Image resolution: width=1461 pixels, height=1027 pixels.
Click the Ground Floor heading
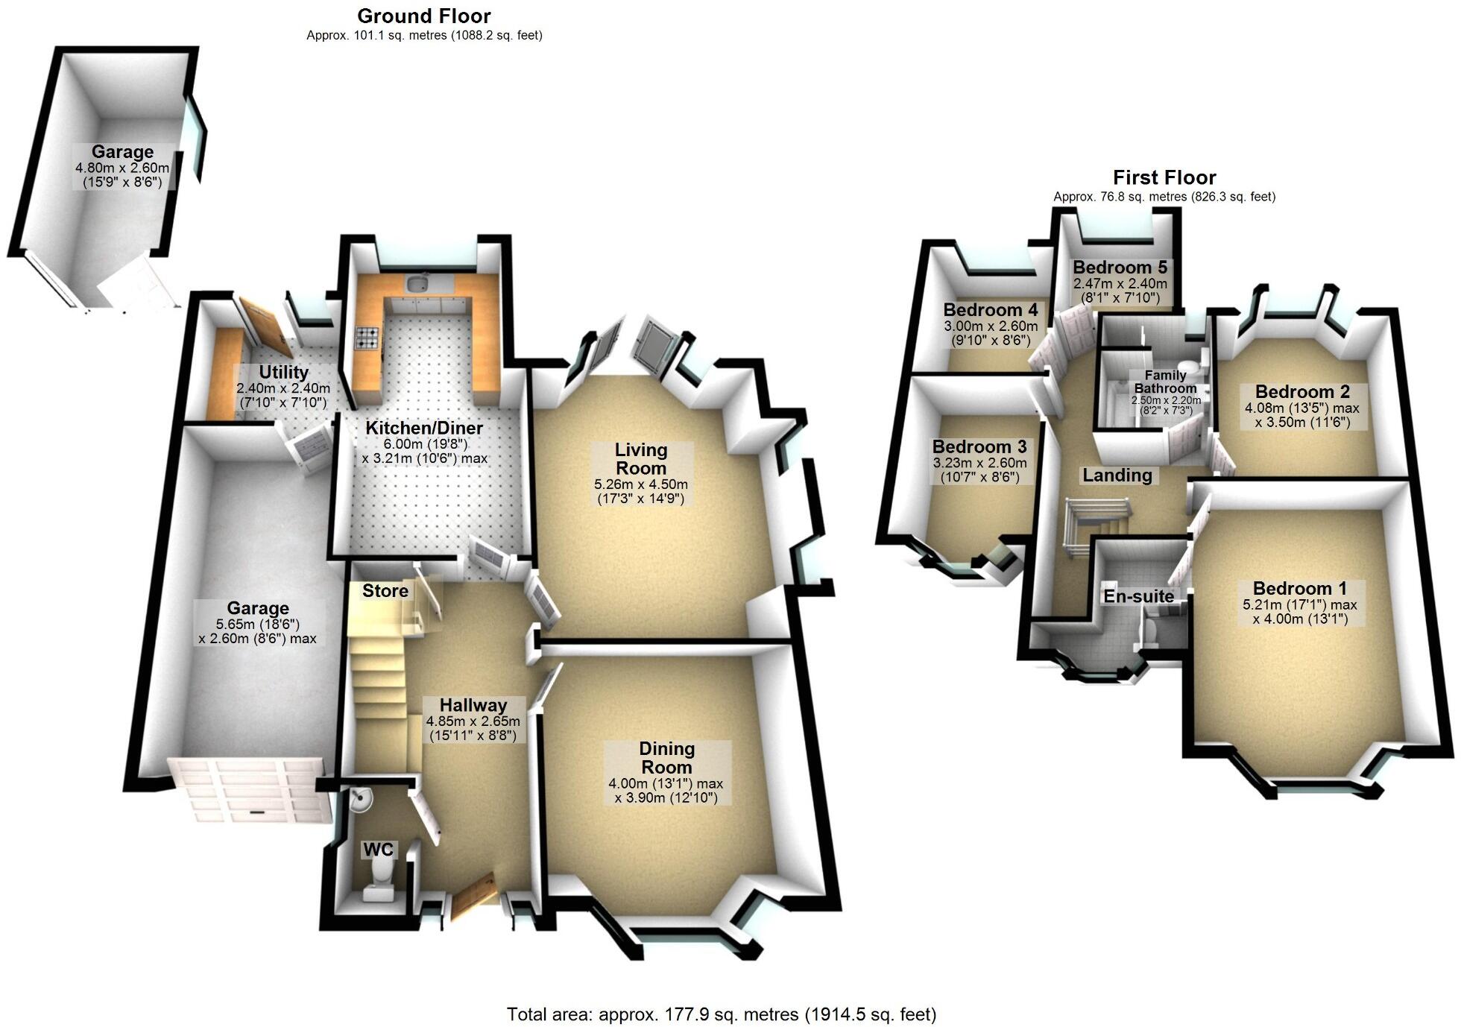click(424, 16)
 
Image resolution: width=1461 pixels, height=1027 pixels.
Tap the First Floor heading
click(1164, 177)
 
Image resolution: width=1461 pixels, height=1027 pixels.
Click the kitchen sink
click(416, 283)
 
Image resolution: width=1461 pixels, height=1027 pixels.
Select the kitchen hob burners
click(367, 339)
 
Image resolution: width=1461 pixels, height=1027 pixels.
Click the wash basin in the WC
click(362, 800)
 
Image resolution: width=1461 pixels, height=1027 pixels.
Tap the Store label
click(385, 591)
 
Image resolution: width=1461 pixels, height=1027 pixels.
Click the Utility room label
click(283, 372)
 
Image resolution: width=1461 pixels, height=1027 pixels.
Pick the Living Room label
click(641, 459)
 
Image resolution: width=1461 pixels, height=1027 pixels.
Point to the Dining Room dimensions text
click(666, 791)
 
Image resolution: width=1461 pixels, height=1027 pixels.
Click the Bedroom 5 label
click(1120, 268)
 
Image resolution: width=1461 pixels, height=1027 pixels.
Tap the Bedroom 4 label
click(990, 310)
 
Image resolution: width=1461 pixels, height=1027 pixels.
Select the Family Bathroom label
click(1165, 382)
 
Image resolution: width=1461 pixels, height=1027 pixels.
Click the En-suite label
click(1138, 596)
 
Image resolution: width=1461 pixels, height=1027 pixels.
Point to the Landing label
click(1117, 475)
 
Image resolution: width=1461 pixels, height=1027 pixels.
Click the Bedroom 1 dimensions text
click(1300, 611)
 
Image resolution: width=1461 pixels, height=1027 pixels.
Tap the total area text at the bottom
click(721, 1014)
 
